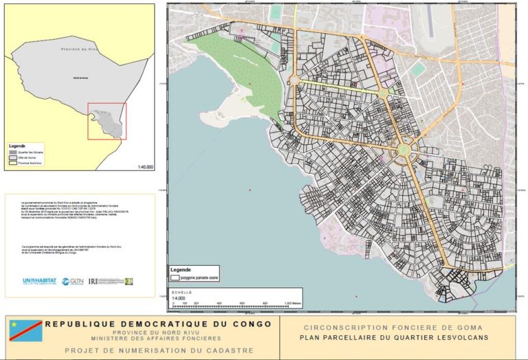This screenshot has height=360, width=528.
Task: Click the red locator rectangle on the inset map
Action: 107,120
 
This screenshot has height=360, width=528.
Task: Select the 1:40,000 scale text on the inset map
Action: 146,166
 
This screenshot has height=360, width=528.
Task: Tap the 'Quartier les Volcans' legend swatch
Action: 12,152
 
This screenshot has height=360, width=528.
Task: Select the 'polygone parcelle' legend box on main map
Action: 176,279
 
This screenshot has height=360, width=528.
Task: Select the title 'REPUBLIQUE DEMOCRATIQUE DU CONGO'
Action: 157,324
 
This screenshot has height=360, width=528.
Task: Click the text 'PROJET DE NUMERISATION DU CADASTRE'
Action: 157,350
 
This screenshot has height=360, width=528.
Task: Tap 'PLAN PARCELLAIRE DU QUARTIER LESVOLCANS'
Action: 393,338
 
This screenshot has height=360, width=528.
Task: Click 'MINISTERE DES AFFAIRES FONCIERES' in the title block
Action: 157,339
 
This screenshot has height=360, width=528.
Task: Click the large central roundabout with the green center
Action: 404,146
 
